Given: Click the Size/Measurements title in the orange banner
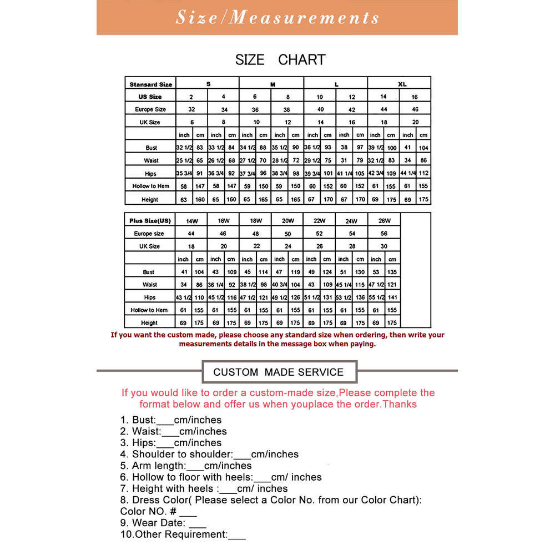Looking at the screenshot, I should point(277,17).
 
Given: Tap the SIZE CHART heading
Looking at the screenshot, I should point(280,59).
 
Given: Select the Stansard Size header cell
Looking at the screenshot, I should point(150,84).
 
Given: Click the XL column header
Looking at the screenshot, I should point(402,84).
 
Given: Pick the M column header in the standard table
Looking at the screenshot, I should point(273,84).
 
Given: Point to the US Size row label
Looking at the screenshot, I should point(150,97).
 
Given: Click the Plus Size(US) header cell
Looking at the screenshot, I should point(150,220).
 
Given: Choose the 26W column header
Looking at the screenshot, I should point(384,220).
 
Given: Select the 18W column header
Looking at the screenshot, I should point(255,220).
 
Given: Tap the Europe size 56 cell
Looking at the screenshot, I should point(384,234).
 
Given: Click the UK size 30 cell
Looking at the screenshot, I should point(384,246).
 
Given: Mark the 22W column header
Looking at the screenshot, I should point(320,220).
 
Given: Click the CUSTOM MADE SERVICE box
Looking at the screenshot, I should point(278,372).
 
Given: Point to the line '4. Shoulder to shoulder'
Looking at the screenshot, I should point(209,454).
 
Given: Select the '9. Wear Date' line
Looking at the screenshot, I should point(163,523).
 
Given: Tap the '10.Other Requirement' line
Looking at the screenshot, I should point(183,534).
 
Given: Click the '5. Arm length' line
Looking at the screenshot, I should point(186,466).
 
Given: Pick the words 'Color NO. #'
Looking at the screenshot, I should point(149,511).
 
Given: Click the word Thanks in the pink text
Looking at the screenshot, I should point(400,404).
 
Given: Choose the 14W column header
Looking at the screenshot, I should point(191,220).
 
